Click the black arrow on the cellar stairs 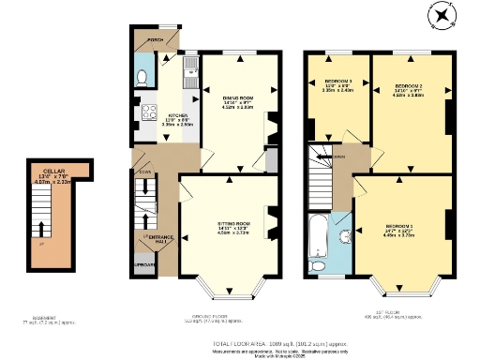pyautogui.click(x=40, y=228)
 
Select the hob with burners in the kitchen pyautogui.click(x=148, y=113)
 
